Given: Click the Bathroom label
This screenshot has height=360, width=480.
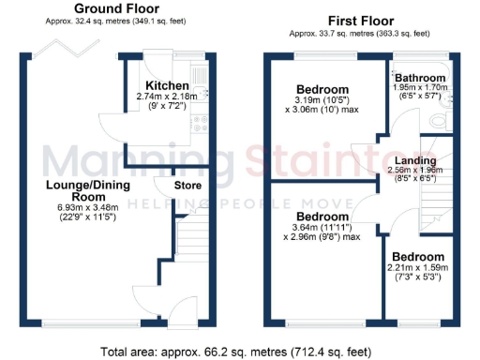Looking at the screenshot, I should click(418, 78).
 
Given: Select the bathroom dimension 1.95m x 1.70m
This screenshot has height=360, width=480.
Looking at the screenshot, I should click(418, 87).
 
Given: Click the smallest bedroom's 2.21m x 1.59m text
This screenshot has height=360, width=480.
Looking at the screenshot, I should click(418, 268).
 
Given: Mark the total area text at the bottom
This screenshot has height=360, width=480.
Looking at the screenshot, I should click(240, 352).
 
